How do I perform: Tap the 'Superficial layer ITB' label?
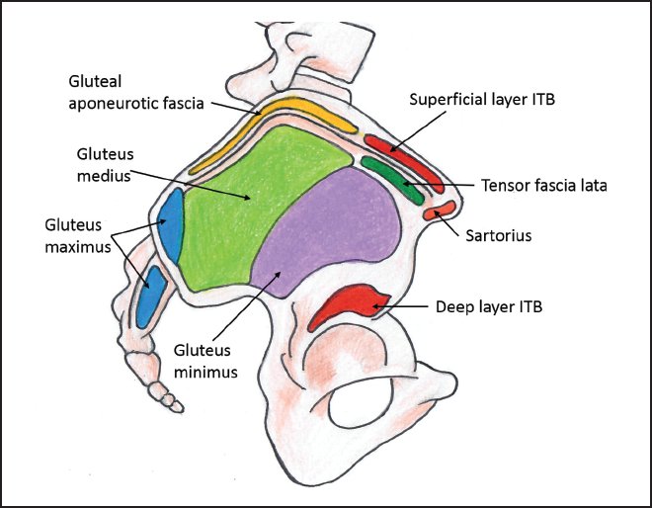(479, 102)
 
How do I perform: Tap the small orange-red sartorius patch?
(445, 209)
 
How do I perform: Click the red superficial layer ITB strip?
(401, 156)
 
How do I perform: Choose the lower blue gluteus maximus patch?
(149, 295)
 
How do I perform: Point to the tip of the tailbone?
(177, 404)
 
